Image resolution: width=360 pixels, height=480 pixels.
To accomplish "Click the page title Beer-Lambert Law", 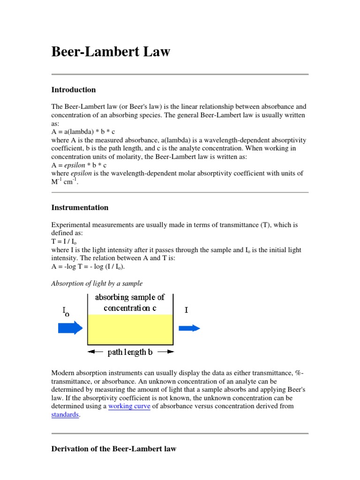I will [x=111, y=52].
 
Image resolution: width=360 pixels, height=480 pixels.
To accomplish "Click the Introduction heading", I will [x=74, y=90].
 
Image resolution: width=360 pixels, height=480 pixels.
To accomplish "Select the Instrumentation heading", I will [x=80, y=207].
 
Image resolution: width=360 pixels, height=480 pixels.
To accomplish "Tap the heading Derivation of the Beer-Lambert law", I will [x=114, y=449].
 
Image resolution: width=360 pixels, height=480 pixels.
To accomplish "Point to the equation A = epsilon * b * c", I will [x=79, y=165].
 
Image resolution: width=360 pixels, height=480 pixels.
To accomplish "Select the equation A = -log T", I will [x=88, y=267].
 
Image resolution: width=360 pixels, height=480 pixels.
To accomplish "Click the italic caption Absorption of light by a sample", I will [x=97, y=283].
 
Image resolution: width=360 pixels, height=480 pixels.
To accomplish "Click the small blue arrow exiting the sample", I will [x=189, y=329].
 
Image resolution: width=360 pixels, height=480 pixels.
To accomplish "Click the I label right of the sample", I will [x=187, y=310].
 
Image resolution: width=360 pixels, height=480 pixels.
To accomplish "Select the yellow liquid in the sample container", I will [x=130, y=330].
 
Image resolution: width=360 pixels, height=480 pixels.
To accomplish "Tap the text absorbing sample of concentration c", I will [x=130, y=302].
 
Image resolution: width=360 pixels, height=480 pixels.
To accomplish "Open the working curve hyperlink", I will [x=129, y=406].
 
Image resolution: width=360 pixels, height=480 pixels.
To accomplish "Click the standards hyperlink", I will [x=65, y=415].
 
